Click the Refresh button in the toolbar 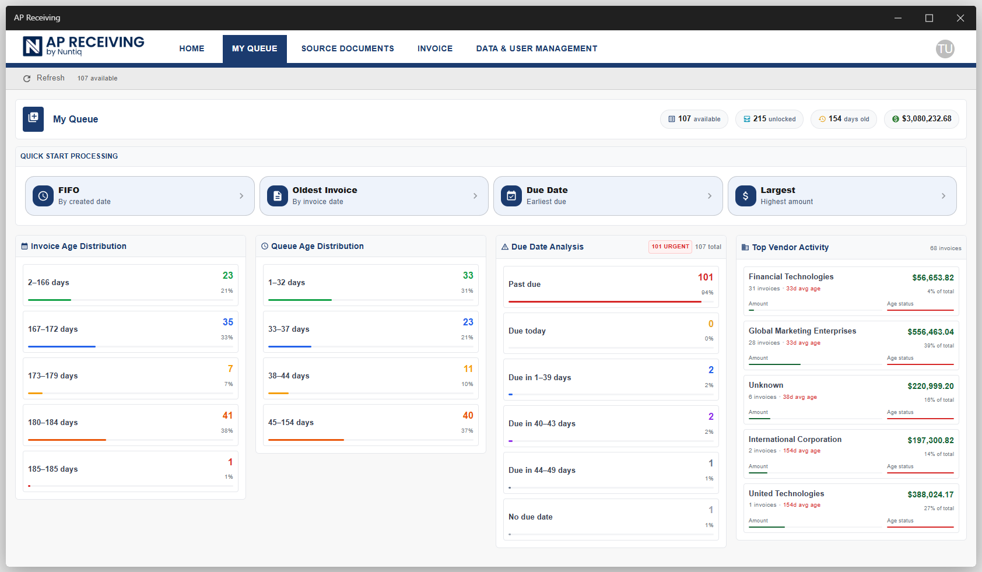click(x=44, y=78)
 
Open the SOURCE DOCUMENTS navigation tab click(x=348, y=49)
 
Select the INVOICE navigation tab click(x=435, y=49)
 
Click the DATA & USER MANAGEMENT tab click(x=536, y=49)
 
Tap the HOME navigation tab click(x=192, y=49)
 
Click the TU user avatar click(x=945, y=49)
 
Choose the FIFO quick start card click(x=139, y=196)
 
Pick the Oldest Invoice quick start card click(x=374, y=196)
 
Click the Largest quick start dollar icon click(x=745, y=196)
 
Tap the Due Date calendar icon click(x=511, y=196)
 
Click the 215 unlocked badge click(x=769, y=119)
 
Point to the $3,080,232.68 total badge click(x=921, y=119)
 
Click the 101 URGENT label click(x=670, y=247)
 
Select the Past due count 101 click(x=705, y=278)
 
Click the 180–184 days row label click(x=53, y=423)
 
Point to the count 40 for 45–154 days click(x=468, y=416)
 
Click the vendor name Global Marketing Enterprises click(x=802, y=331)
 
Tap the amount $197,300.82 click(x=930, y=441)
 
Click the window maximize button click(x=929, y=18)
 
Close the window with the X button click(x=960, y=18)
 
